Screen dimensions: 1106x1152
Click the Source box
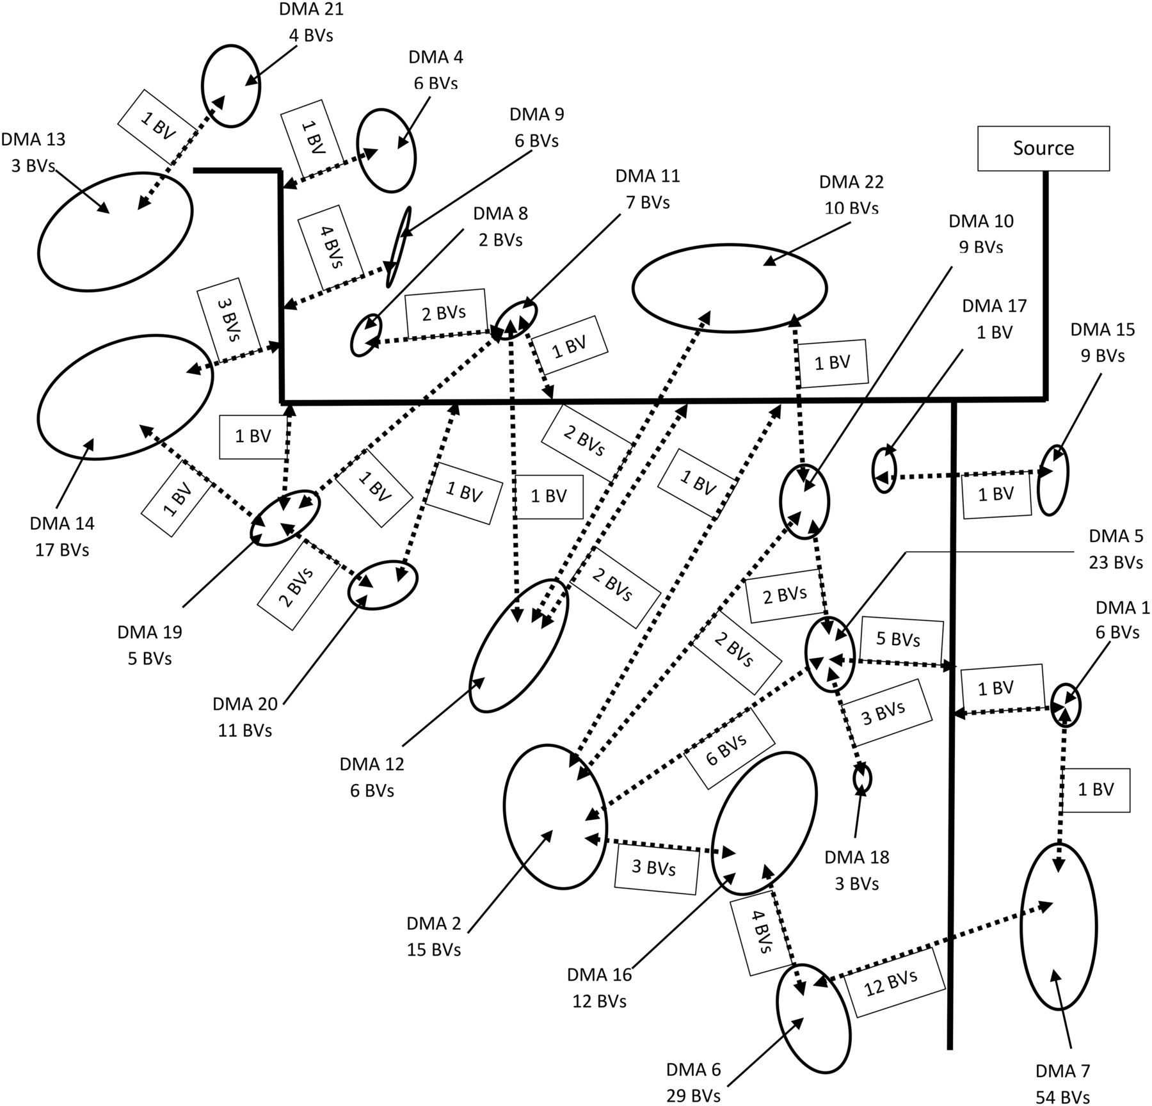tap(1043, 148)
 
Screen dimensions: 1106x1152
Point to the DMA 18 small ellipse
tap(862, 778)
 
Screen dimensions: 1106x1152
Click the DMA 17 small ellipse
tap(884, 470)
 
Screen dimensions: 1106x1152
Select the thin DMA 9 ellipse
tap(398, 246)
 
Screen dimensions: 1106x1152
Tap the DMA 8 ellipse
tap(365, 335)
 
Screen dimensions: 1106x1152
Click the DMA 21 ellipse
tap(231, 86)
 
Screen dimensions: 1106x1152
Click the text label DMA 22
tap(851, 182)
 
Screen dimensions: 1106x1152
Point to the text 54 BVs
tap(1062, 1097)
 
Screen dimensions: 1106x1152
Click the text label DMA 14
tap(62, 524)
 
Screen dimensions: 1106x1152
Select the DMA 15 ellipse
tap(1053, 480)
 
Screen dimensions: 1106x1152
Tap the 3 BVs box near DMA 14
tap(228, 319)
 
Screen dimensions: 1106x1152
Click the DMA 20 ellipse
tap(382, 584)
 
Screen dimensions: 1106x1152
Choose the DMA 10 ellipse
tap(804, 501)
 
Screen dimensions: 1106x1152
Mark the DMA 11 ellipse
tap(516, 317)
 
